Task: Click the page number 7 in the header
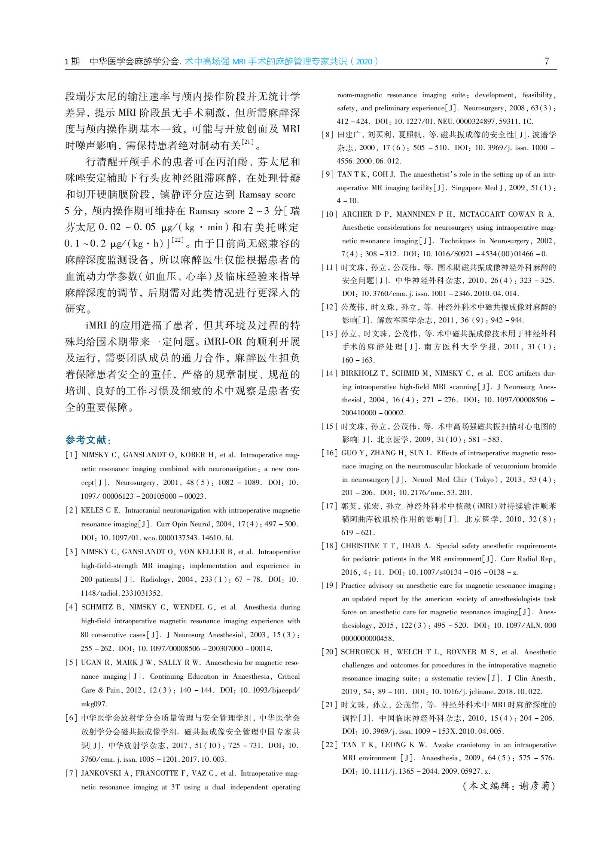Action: [x=546, y=61]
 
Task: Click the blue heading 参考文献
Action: [x=86, y=439]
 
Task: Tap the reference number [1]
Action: [x=71, y=455]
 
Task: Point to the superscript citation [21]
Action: [x=247, y=141]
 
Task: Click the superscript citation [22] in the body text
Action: [x=177, y=239]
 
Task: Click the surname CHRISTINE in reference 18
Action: [x=360, y=545]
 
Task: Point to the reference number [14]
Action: [x=329, y=373]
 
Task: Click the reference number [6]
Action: [x=71, y=718]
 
